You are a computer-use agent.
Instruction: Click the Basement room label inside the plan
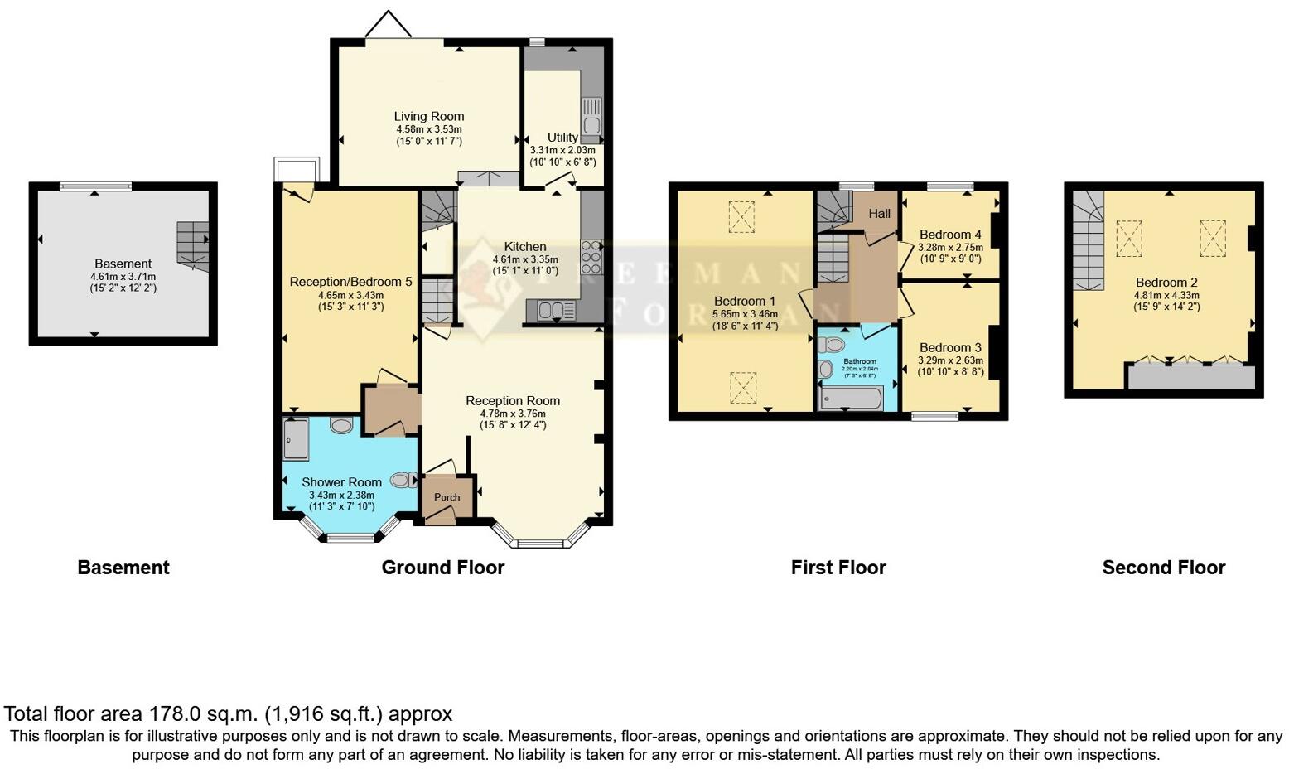pos(123,264)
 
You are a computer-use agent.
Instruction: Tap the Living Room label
pos(428,117)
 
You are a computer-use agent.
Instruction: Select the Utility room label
pos(562,138)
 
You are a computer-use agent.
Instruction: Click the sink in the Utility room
pos(591,119)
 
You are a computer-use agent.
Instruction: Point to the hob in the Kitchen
pos(591,257)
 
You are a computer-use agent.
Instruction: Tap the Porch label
pos(447,497)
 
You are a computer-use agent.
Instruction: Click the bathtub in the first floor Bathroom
pos(851,399)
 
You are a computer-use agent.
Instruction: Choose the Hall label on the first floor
pos(879,214)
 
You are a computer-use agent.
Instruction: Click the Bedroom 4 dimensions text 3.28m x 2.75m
pos(950,247)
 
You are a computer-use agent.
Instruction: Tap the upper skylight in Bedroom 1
pos(742,217)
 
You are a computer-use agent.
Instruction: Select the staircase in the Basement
pos(192,245)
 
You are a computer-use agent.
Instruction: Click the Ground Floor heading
pos(442,568)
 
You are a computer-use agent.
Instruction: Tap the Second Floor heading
pos(1163,568)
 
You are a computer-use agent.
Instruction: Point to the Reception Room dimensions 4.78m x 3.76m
pos(512,414)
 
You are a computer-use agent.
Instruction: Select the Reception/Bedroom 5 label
pos(350,282)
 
